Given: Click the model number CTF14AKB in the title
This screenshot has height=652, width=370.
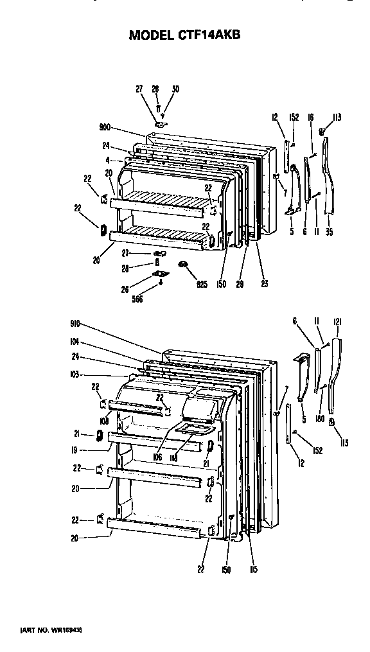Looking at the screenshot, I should click(x=209, y=35).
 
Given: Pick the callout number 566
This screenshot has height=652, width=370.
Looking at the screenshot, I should click(x=137, y=298).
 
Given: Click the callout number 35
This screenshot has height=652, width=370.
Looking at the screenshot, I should click(x=329, y=232).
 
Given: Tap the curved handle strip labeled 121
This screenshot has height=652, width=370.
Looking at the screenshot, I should click(x=335, y=379).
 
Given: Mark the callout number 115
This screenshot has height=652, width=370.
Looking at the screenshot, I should click(x=254, y=569).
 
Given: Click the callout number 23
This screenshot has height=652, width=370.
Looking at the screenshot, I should click(x=265, y=283).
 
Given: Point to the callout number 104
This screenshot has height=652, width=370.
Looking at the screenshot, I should click(x=75, y=342).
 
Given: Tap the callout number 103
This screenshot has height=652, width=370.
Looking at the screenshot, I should click(x=75, y=373).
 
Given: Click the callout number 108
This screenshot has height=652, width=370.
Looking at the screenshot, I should click(x=103, y=422).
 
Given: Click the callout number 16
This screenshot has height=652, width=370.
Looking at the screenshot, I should click(x=310, y=118).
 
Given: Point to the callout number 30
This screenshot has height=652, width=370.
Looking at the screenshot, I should click(x=175, y=89).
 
